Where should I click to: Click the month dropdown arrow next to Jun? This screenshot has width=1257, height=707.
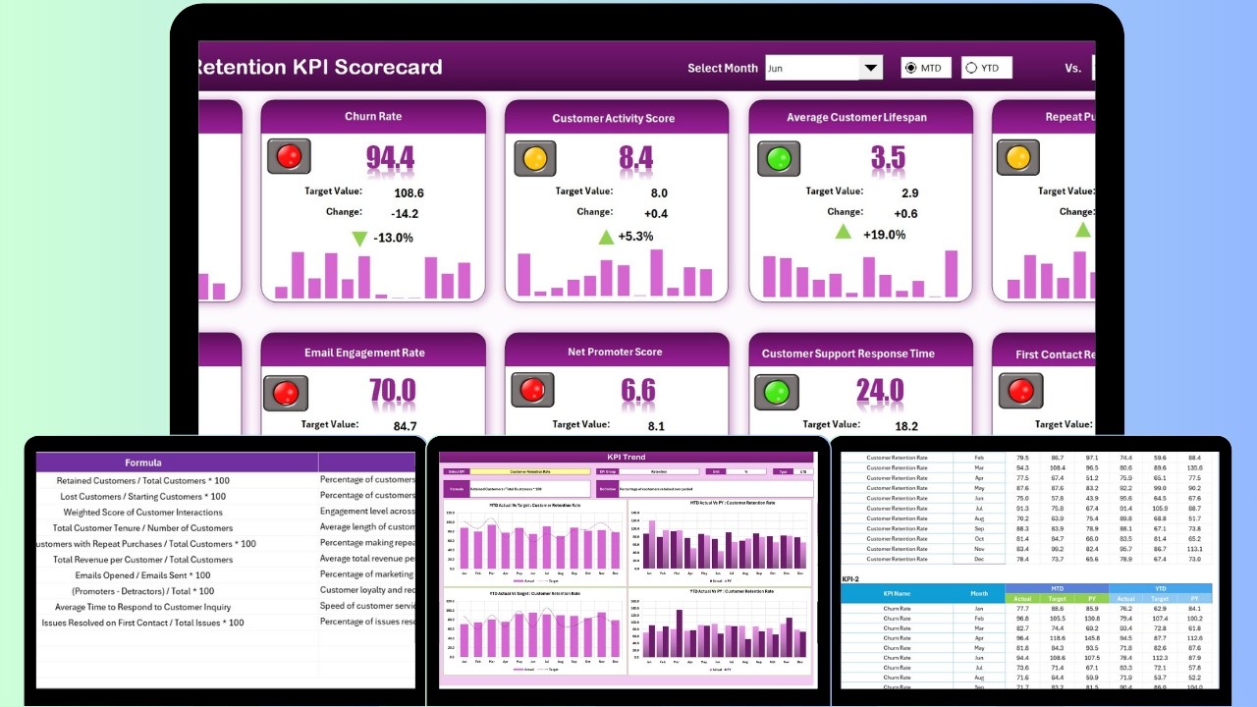[871, 68]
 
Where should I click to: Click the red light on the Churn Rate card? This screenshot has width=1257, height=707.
[289, 156]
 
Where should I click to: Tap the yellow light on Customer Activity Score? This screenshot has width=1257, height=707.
[535, 158]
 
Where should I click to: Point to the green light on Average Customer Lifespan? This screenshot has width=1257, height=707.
[778, 158]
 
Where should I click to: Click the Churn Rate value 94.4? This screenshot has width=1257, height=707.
[390, 157]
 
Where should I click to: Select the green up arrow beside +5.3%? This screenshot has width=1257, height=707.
[607, 237]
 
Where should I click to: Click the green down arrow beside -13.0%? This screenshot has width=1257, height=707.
[359, 238]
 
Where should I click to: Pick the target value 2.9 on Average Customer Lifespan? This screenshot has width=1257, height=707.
[910, 193]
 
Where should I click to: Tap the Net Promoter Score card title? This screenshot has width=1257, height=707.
[615, 353]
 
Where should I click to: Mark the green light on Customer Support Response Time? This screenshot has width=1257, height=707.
[777, 392]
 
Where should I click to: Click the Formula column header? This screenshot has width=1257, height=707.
[143, 462]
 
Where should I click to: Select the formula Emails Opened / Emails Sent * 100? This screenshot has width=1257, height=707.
[142, 575]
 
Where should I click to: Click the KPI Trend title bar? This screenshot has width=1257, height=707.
[627, 458]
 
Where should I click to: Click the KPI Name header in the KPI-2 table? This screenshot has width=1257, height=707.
[897, 594]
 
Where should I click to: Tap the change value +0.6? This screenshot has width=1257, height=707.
[905, 214]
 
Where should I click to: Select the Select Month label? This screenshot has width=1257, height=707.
[722, 69]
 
